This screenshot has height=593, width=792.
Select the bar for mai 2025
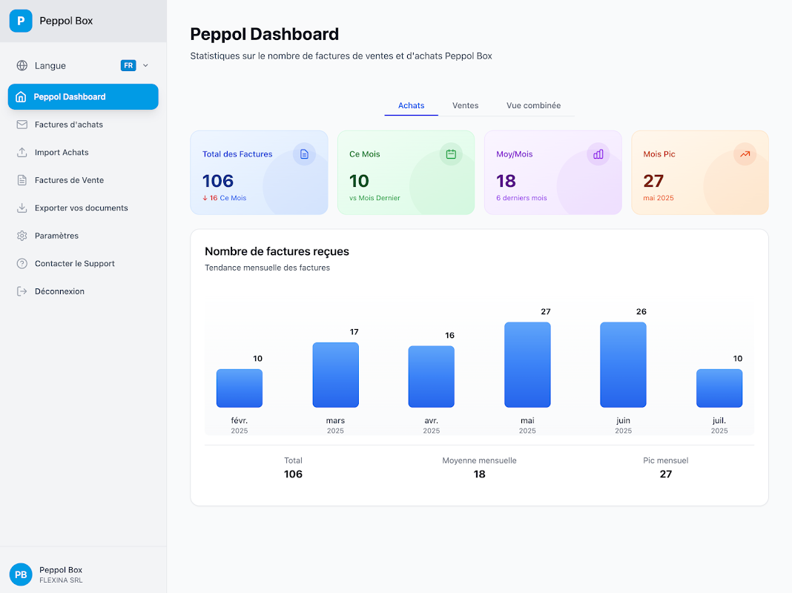click(x=527, y=365)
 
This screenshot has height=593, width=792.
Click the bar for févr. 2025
click(x=240, y=388)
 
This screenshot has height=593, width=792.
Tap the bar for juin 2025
click(x=623, y=365)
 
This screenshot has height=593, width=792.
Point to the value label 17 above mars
click(x=354, y=332)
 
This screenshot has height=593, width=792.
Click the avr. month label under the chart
click(x=432, y=421)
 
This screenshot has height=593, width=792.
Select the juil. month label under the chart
click(x=719, y=421)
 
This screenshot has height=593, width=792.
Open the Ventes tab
click(x=465, y=105)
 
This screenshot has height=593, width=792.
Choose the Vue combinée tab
click(x=533, y=105)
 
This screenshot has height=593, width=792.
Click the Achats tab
click(x=411, y=105)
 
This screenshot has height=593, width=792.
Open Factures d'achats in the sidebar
click(x=69, y=125)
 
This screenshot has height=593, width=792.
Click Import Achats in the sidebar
click(x=62, y=153)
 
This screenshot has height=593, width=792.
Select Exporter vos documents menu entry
click(x=82, y=208)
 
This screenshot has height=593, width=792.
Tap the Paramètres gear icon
click(x=22, y=236)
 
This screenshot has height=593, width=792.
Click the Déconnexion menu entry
click(x=59, y=291)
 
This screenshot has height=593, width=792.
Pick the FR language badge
click(x=128, y=65)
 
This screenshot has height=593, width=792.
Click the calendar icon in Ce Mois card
click(x=451, y=154)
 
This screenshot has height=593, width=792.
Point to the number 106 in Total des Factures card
click(x=218, y=181)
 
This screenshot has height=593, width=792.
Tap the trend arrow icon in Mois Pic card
click(x=745, y=154)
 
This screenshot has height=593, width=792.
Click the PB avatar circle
click(x=21, y=574)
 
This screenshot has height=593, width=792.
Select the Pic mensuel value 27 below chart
click(x=666, y=474)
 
